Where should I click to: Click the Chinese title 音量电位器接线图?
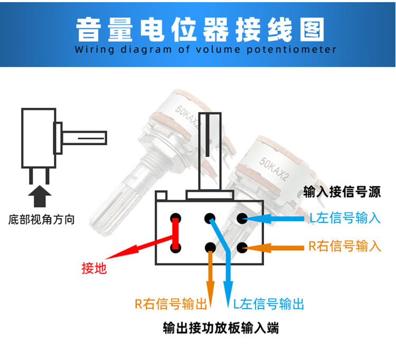pyautogui.click(x=198, y=30)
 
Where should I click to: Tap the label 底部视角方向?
pyautogui.click(x=41, y=219)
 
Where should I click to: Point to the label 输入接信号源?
pyautogui.click(x=342, y=191)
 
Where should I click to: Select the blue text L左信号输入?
pyautogui.click(x=345, y=218)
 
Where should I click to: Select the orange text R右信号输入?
pyautogui.click(x=345, y=247)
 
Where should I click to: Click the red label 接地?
pyautogui.click(x=95, y=269)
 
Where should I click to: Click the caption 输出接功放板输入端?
pyautogui.click(x=221, y=328)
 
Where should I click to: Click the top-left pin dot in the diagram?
pyautogui.click(x=175, y=217)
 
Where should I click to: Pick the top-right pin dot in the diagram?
pyautogui.click(x=242, y=217)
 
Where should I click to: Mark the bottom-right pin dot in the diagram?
pyautogui.click(x=242, y=247)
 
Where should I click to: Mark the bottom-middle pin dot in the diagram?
pyautogui.click(x=210, y=247)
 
